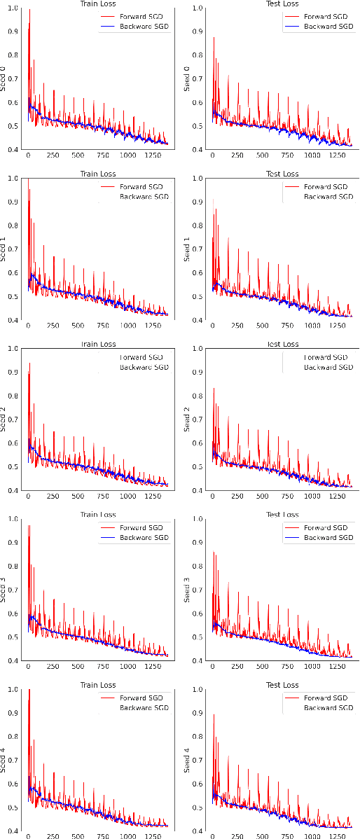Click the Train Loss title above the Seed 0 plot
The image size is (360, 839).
point(98,4)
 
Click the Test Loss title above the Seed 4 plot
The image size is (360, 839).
point(282,685)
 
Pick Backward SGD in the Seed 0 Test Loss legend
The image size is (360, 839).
point(329,26)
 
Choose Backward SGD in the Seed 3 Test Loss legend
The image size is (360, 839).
point(329,537)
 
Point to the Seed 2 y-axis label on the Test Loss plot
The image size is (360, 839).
point(187,419)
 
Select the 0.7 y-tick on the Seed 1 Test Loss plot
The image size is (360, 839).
point(198,249)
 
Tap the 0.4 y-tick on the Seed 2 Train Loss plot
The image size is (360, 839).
point(13,490)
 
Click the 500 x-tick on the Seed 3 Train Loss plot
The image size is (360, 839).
point(78,667)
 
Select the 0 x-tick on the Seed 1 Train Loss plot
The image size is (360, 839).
point(27,326)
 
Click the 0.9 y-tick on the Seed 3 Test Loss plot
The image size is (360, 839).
point(198,543)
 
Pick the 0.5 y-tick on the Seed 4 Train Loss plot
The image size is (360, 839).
point(13,807)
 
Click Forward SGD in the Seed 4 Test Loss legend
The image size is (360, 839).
point(329,698)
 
